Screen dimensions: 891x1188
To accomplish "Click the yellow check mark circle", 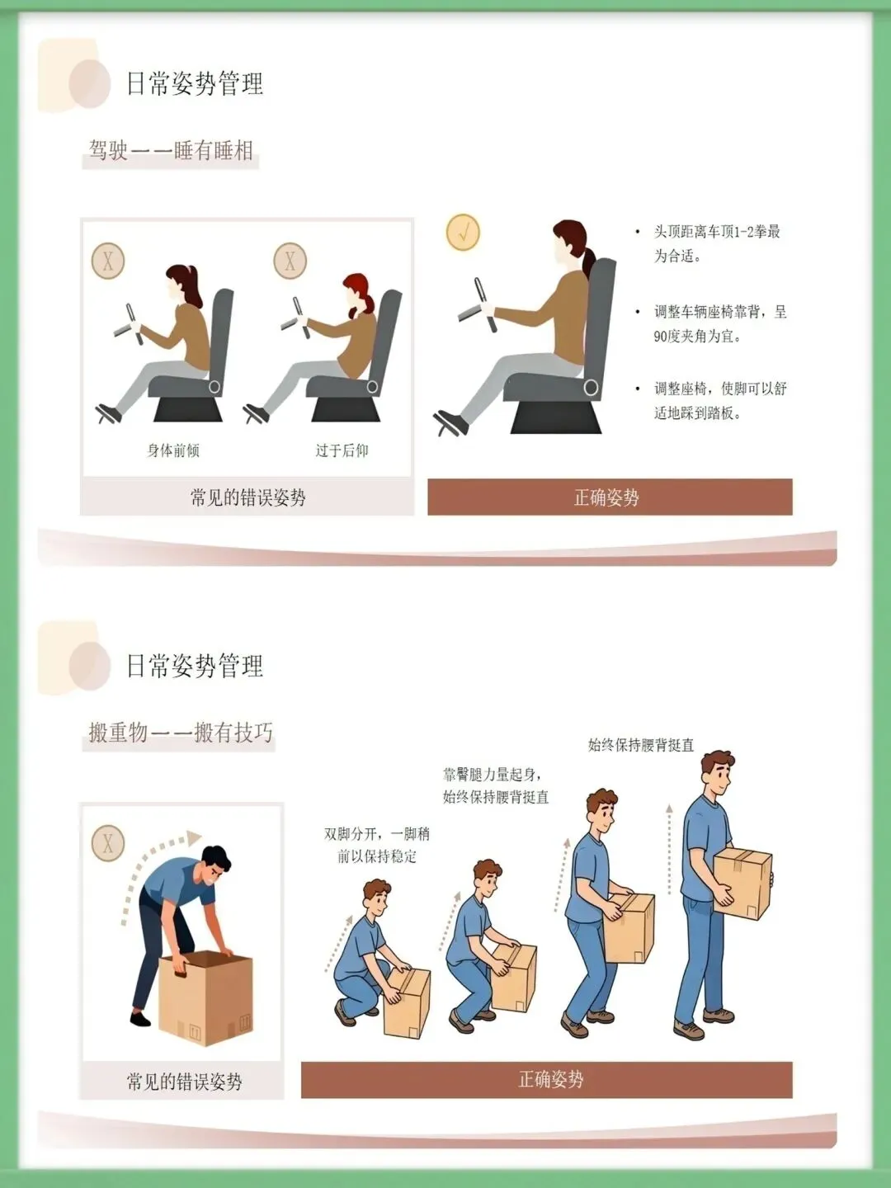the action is tap(463, 232).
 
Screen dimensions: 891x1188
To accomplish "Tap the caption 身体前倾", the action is tap(173, 450).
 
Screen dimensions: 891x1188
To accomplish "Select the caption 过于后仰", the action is tap(342, 450).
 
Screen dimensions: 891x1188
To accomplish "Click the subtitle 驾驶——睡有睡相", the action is tap(171, 150).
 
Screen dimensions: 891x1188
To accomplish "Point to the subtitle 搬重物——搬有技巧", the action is tap(181, 733).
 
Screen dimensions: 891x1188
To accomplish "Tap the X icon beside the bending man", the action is tap(108, 842).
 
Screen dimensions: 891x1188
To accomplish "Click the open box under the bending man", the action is tap(205, 997).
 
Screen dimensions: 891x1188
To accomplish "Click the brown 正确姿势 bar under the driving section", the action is tap(610, 497).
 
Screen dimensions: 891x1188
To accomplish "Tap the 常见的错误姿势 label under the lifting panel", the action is tap(184, 1082).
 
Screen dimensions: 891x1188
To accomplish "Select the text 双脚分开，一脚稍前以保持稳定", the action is tap(376, 846).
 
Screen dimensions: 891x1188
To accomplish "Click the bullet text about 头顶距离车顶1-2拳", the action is tap(717, 243).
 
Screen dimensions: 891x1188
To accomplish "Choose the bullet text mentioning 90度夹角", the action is tap(719, 323).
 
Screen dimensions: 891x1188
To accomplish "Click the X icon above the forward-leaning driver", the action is tap(108, 261).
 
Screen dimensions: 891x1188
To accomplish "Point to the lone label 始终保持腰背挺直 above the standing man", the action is tap(640, 745).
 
